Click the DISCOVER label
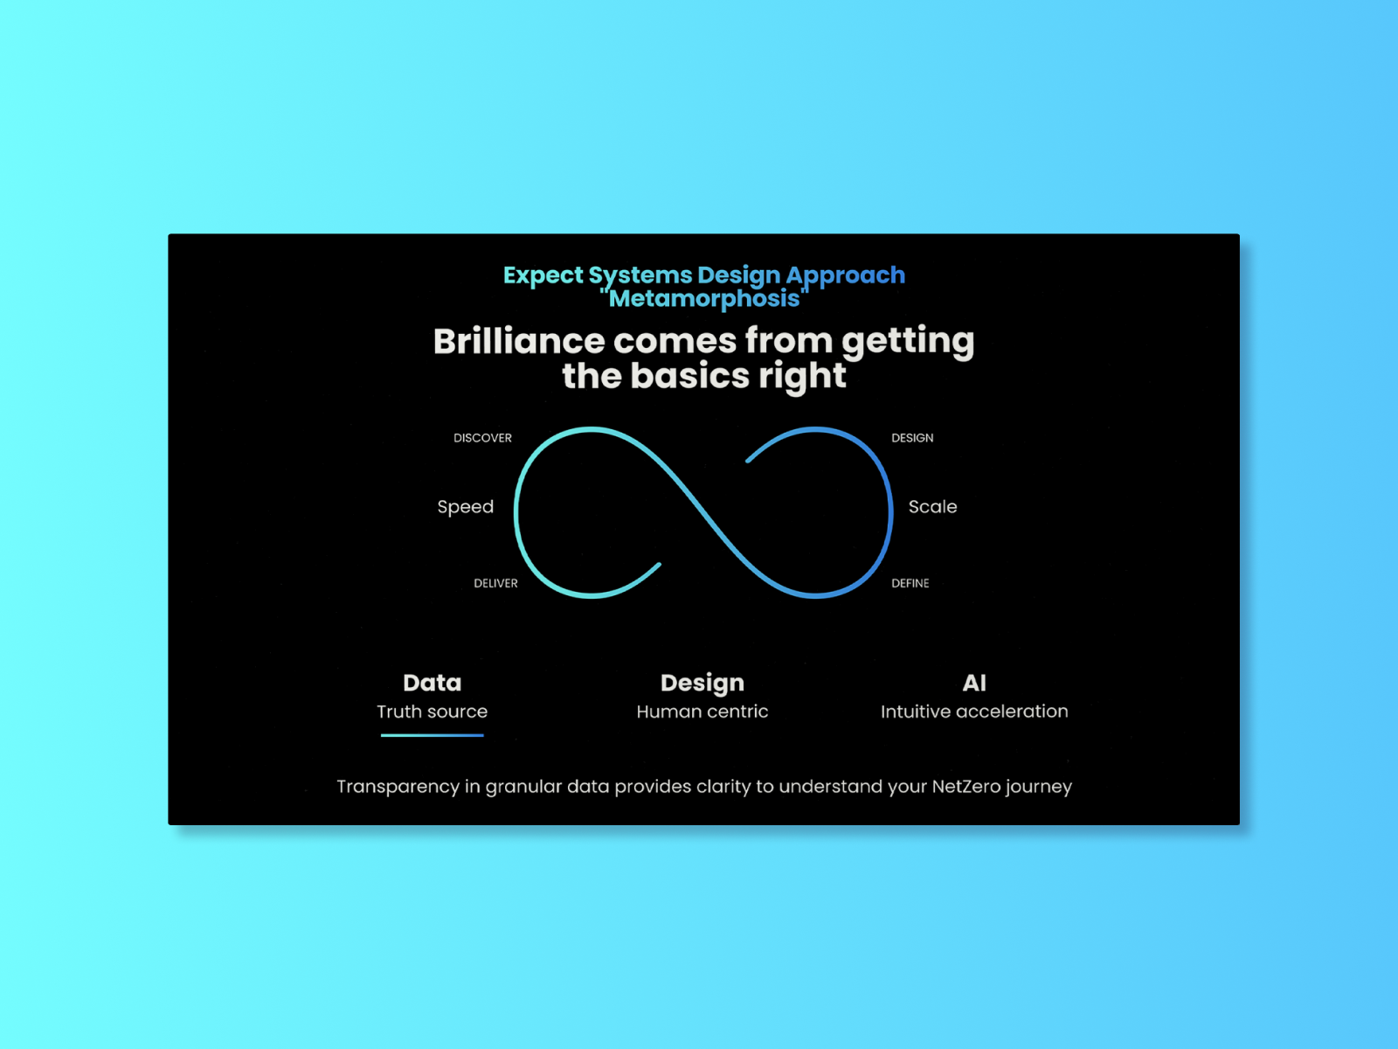click(482, 438)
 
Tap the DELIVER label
click(495, 583)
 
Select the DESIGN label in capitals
click(912, 438)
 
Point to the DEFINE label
click(910, 583)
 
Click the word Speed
click(465, 507)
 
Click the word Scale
click(932, 507)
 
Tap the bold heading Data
click(432, 683)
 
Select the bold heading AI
click(973, 683)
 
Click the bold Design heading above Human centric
click(702, 683)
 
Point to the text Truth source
click(432, 712)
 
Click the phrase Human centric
click(702, 712)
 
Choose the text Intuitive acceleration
click(973, 712)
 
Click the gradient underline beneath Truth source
click(432, 735)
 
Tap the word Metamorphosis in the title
click(704, 299)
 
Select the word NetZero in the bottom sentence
click(965, 786)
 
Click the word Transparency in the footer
click(398, 786)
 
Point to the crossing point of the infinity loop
click(703, 512)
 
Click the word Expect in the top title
click(543, 275)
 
